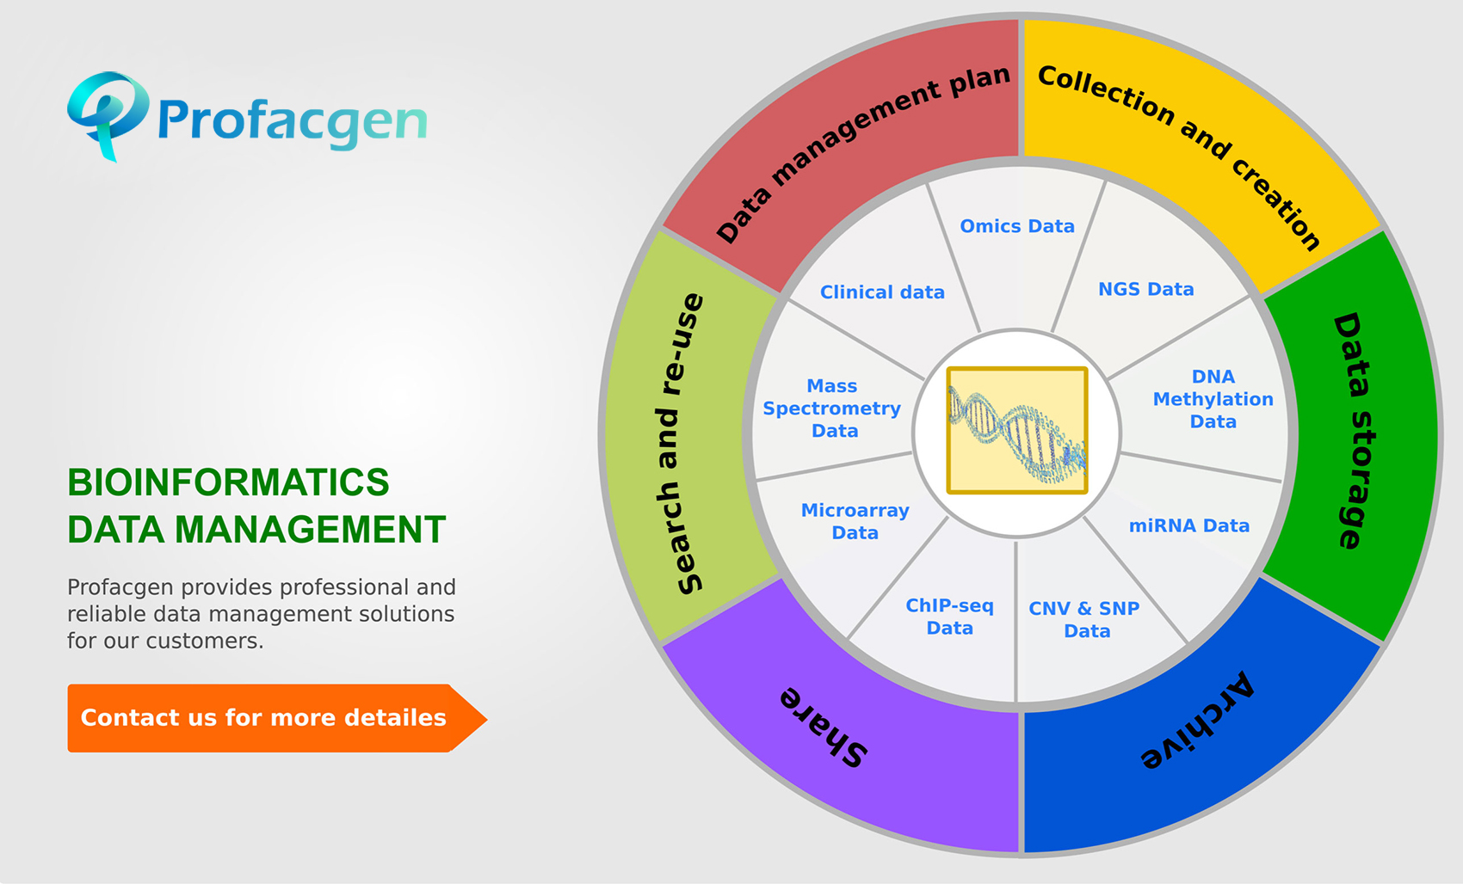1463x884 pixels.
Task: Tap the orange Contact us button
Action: pyautogui.click(x=263, y=718)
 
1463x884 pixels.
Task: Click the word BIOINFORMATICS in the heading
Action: pyautogui.click(x=228, y=482)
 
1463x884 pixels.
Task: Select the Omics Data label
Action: pyautogui.click(x=1017, y=226)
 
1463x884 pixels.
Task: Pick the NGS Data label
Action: pyautogui.click(x=1145, y=290)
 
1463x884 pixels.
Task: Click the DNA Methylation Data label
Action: pyautogui.click(x=1213, y=399)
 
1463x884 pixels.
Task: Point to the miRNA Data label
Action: pyautogui.click(x=1188, y=525)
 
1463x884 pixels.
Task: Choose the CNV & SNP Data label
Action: pyautogui.click(x=1084, y=619)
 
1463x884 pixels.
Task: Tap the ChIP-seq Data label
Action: pyautogui.click(x=950, y=617)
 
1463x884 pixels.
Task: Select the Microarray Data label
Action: pyautogui.click(x=855, y=521)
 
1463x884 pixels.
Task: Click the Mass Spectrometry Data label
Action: pyautogui.click(x=831, y=408)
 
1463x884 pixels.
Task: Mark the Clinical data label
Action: pyautogui.click(x=882, y=292)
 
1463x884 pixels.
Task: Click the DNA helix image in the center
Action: pyautogui.click(x=1017, y=431)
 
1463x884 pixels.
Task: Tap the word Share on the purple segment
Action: pyautogui.click(x=824, y=727)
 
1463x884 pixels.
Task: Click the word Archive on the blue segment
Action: pyautogui.click(x=1198, y=721)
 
